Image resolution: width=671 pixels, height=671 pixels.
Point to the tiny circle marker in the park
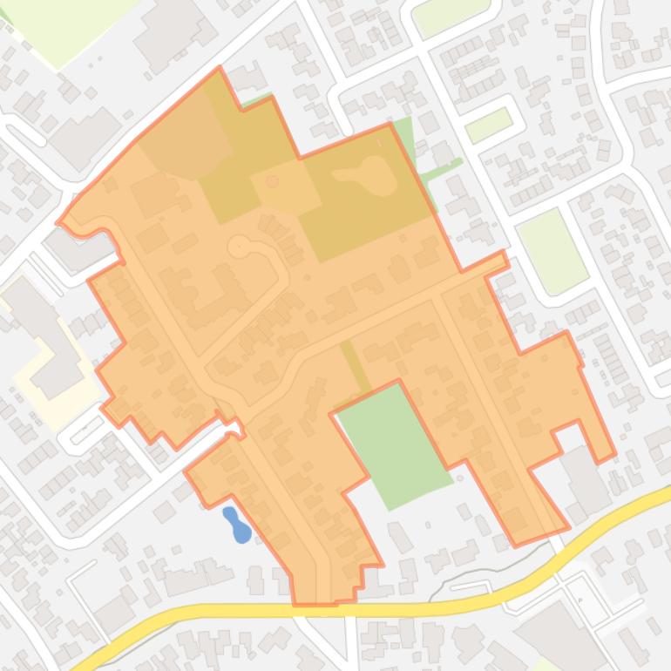click(x=273, y=181)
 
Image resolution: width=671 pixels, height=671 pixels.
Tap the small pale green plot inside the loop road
click(x=489, y=125)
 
